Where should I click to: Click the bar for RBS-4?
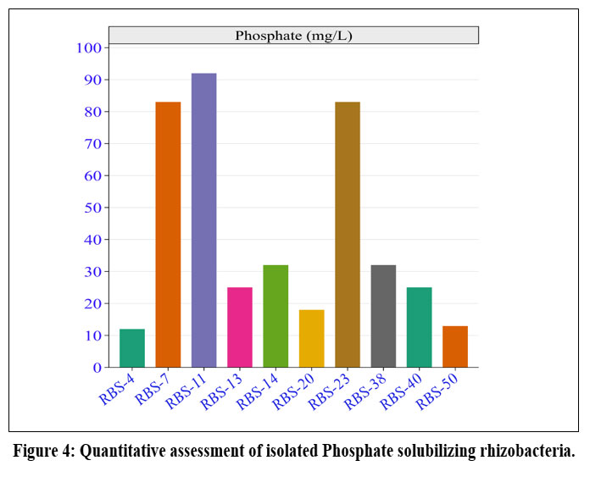pyautogui.click(x=131, y=348)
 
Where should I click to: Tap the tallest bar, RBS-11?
pyautogui.click(x=203, y=220)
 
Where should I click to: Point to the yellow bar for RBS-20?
pyautogui.click(x=311, y=338)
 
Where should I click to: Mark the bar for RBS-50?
pyautogui.click(x=455, y=347)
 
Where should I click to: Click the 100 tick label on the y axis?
pyautogui.click(x=87, y=47)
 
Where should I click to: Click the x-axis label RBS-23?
pyautogui.click(x=331, y=391)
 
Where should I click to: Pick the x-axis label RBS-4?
pyautogui.click(x=117, y=388)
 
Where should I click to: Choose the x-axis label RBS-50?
pyautogui.click(x=439, y=391)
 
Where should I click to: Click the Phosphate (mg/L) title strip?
pyautogui.click(x=293, y=35)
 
